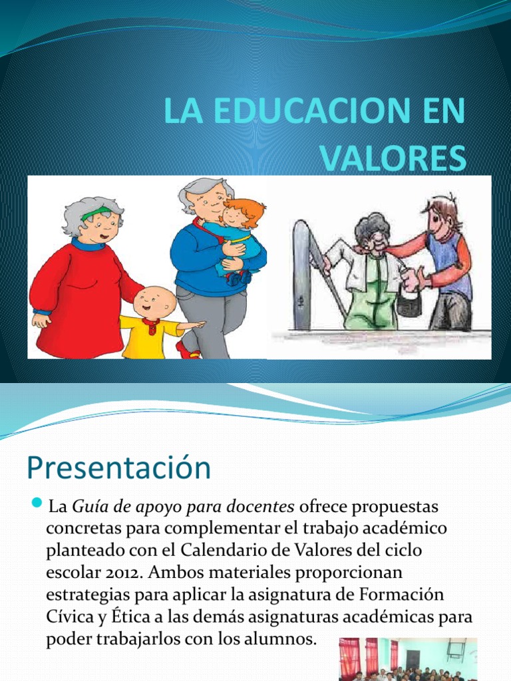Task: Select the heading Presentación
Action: [118, 468]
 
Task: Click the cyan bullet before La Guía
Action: [37, 502]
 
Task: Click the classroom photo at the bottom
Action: [407, 659]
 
